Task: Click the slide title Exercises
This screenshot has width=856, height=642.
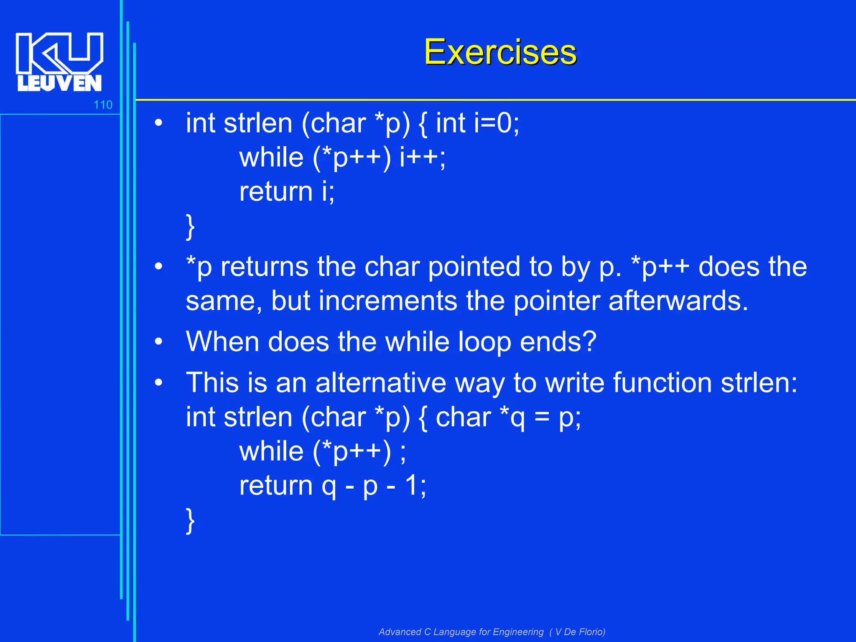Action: pyautogui.click(x=500, y=52)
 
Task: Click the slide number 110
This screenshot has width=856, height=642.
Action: pyautogui.click(x=103, y=104)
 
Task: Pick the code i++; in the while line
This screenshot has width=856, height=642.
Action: pyautogui.click(x=423, y=158)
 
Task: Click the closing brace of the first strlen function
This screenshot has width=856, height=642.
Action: pyautogui.click(x=190, y=227)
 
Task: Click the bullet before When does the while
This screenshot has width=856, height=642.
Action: pyautogui.click(x=158, y=342)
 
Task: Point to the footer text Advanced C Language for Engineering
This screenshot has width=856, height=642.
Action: pyautogui.click(x=461, y=632)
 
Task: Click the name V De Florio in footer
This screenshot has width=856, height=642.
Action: pyautogui.click(x=579, y=632)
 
